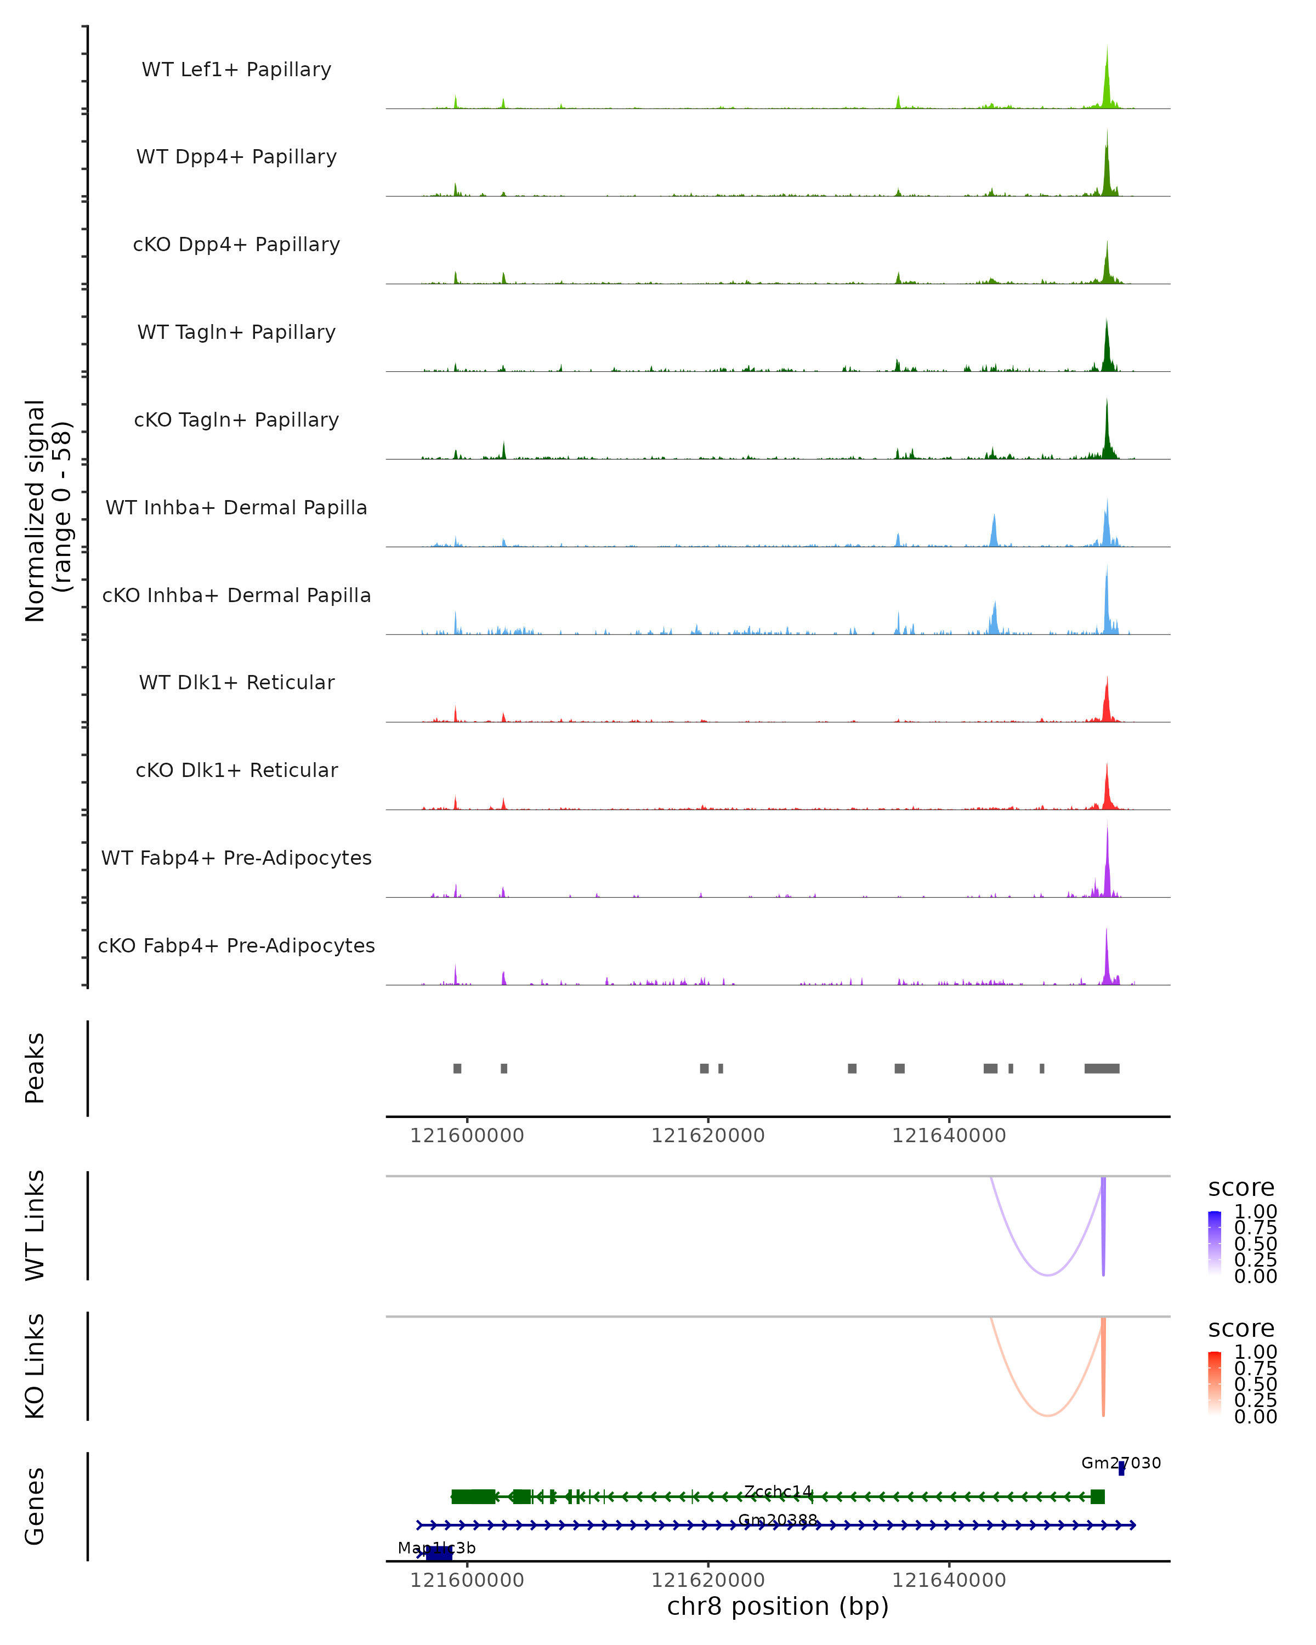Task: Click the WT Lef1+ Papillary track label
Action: pyautogui.click(x=236, y=70)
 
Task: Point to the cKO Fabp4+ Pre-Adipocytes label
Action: pyautogui.click(x=236, y=945)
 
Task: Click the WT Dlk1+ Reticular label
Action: pyautogui.click(x=236, y=683)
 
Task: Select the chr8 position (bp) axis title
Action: pyautogui.click(x=778, y=1606)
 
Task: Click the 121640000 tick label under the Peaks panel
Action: pyautogui.click(x=949, y=1136)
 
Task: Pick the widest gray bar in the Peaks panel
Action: pyautogui.click(x=1102, y=1068)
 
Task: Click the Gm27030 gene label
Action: pyautogui.click(x=1121, y=1462)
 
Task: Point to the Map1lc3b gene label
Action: pyautogui.click(x=436, y=1547)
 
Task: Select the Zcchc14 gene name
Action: pyautogui.click(x=778, y=1491)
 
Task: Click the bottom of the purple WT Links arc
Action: pyautogui.click(x=1048, y=1274)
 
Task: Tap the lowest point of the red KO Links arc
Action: pyautogui.click(x=1048, y=1415)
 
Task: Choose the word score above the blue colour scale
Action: pyautogui.click(x=1241, y=1188)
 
